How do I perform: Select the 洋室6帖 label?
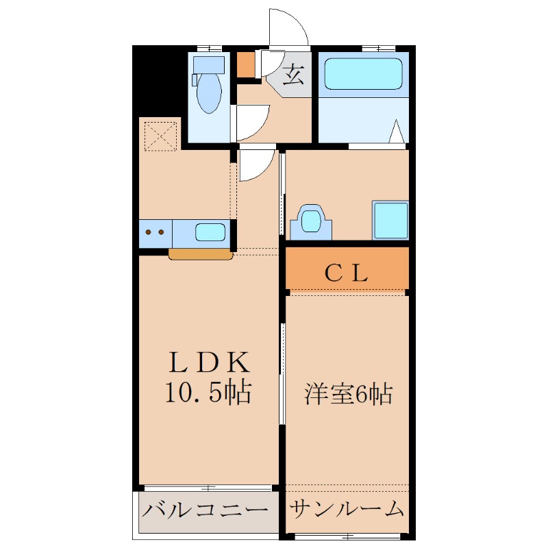pos(348,394)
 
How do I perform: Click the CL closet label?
pos(347,273)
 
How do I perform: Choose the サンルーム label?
pos(347,510)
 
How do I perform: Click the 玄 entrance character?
pos(292,74)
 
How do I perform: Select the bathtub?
pos(362,73)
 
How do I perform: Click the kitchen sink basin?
pos(210,232)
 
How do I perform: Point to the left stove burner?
pos(151,232)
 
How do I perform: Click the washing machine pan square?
pos(390,220)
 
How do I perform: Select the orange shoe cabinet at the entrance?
pos(245,64)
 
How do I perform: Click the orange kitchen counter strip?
pos(201,255)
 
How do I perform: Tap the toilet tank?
pos(208,64)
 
